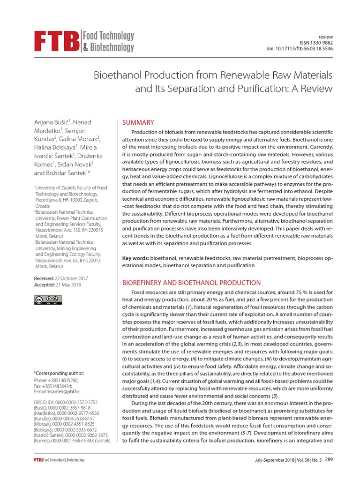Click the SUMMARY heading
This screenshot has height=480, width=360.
coord(138,122)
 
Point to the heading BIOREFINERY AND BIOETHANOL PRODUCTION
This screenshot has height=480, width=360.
coord(191,283)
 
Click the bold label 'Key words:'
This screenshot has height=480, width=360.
coord(135,258)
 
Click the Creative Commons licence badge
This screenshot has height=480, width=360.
coord(48,300)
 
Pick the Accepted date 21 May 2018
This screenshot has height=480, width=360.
coord(68,285)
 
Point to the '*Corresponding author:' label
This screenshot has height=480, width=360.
coord(59,373)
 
